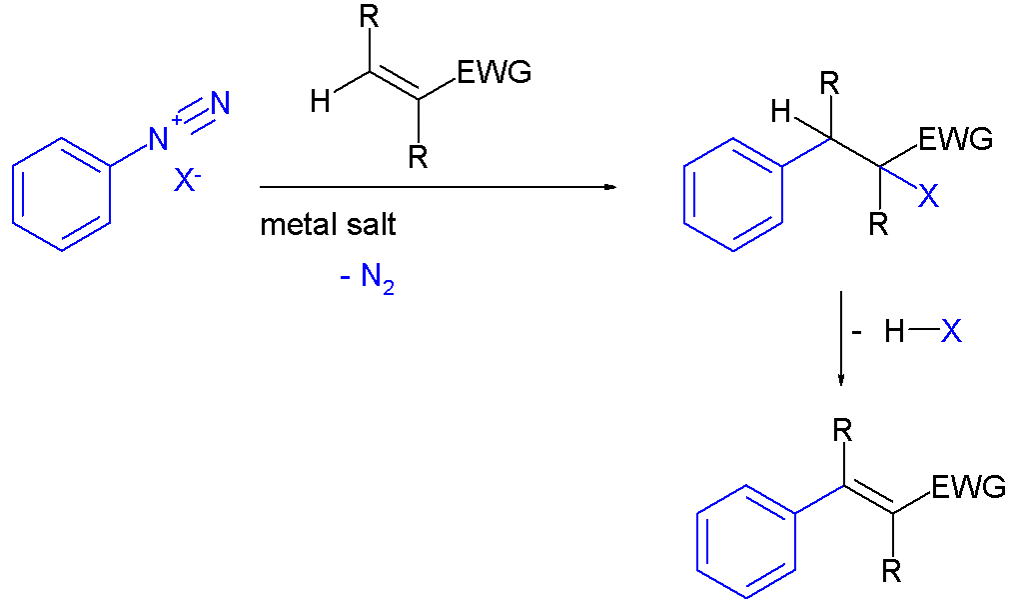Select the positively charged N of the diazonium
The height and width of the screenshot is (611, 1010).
[x=159, y=138]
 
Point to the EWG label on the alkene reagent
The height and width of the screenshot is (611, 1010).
[x=495, y=72]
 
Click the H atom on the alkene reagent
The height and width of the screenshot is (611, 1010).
[x=320, y=101]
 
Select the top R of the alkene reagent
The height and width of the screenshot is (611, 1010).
[x=370, y=18]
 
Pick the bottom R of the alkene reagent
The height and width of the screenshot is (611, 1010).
[x=418, y=157]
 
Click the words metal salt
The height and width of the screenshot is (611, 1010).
[x=328, y=225]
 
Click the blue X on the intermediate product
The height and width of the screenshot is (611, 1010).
[x=928, y=195]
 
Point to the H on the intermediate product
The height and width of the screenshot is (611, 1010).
[x=780, y=113]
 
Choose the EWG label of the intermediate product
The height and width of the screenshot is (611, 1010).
[x=956, y=139]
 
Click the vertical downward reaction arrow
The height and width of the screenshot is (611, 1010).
[x=840, y=339]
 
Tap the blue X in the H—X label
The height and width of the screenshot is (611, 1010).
[x=951, y=332]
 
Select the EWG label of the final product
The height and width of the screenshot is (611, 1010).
[x=969, y=487]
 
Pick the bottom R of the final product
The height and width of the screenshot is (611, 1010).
[x=892, y=570]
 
